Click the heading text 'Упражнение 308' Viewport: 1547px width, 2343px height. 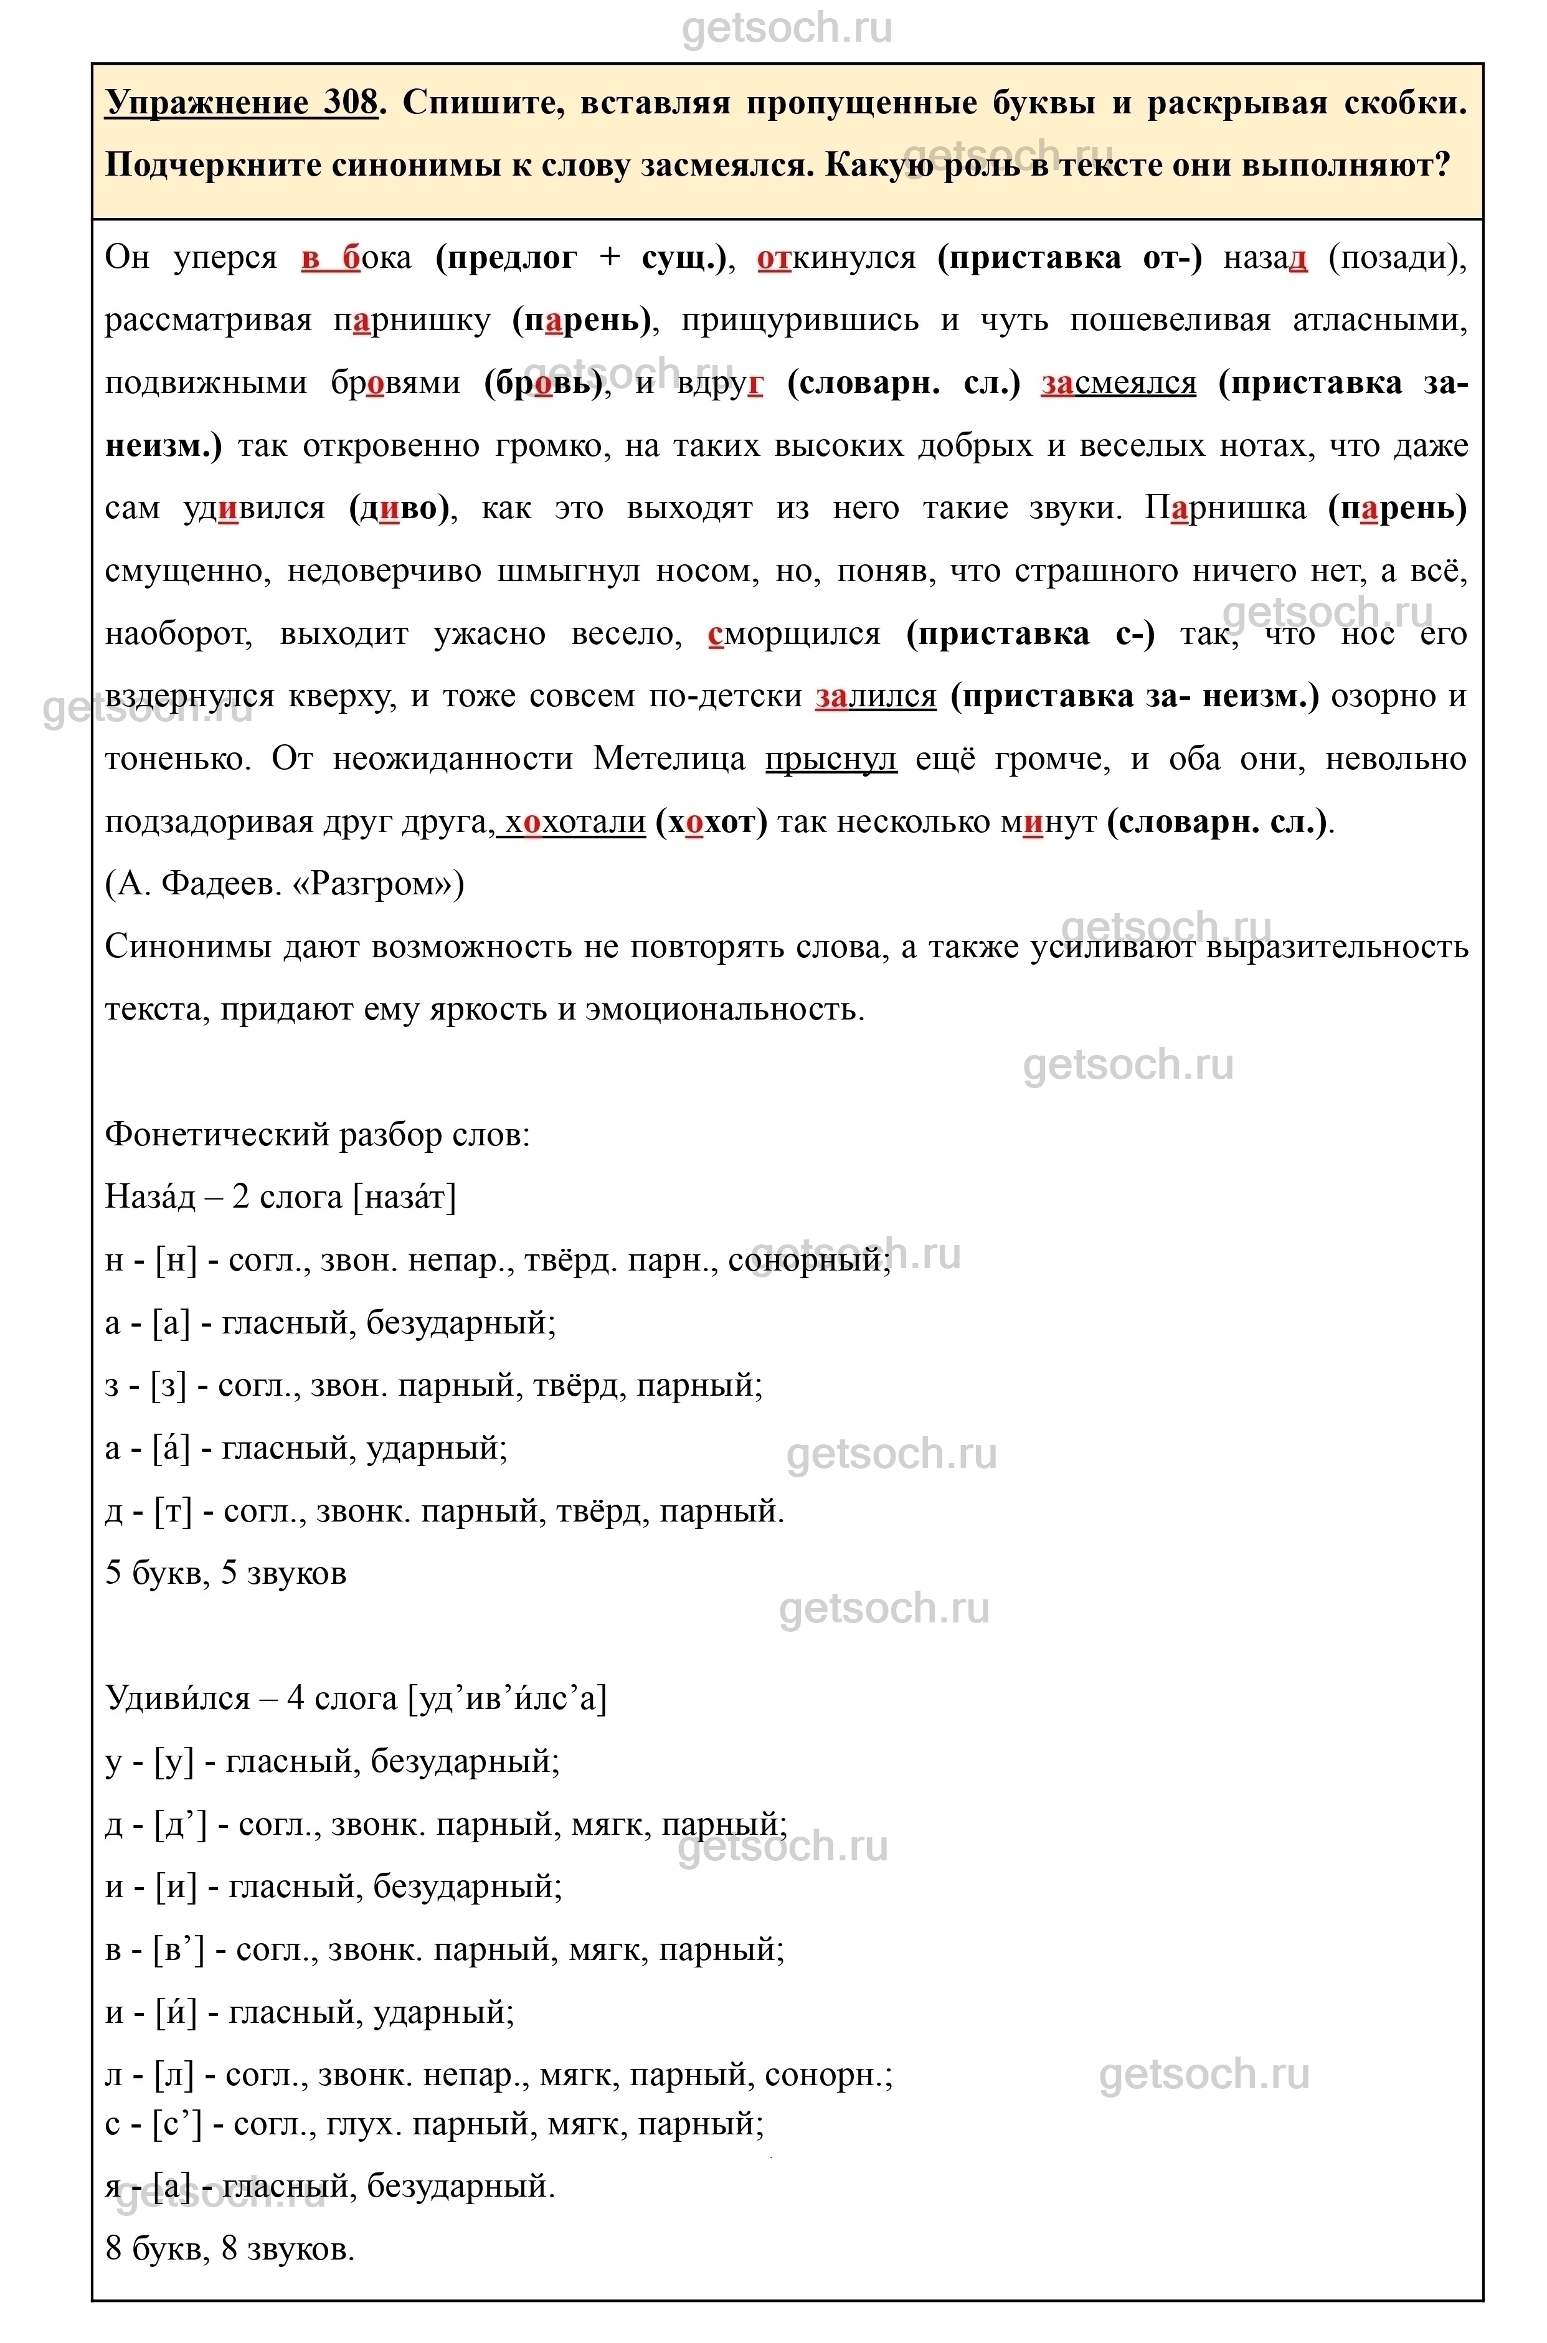tap(241, 103)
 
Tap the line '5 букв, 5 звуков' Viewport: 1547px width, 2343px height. tap(226, 1573)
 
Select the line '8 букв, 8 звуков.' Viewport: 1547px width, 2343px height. tap(230, 2250)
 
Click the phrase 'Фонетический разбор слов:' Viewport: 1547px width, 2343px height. tap(318, 1135)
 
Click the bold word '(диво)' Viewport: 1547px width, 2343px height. tap(400, 508)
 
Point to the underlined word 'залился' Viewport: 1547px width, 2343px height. tap(875, 696)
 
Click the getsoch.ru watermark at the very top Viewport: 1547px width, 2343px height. tap(787, 27)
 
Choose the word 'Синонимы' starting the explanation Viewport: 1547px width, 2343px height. tap(187, 947)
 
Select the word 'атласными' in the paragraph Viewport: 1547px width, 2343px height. tap(1379, 321)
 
